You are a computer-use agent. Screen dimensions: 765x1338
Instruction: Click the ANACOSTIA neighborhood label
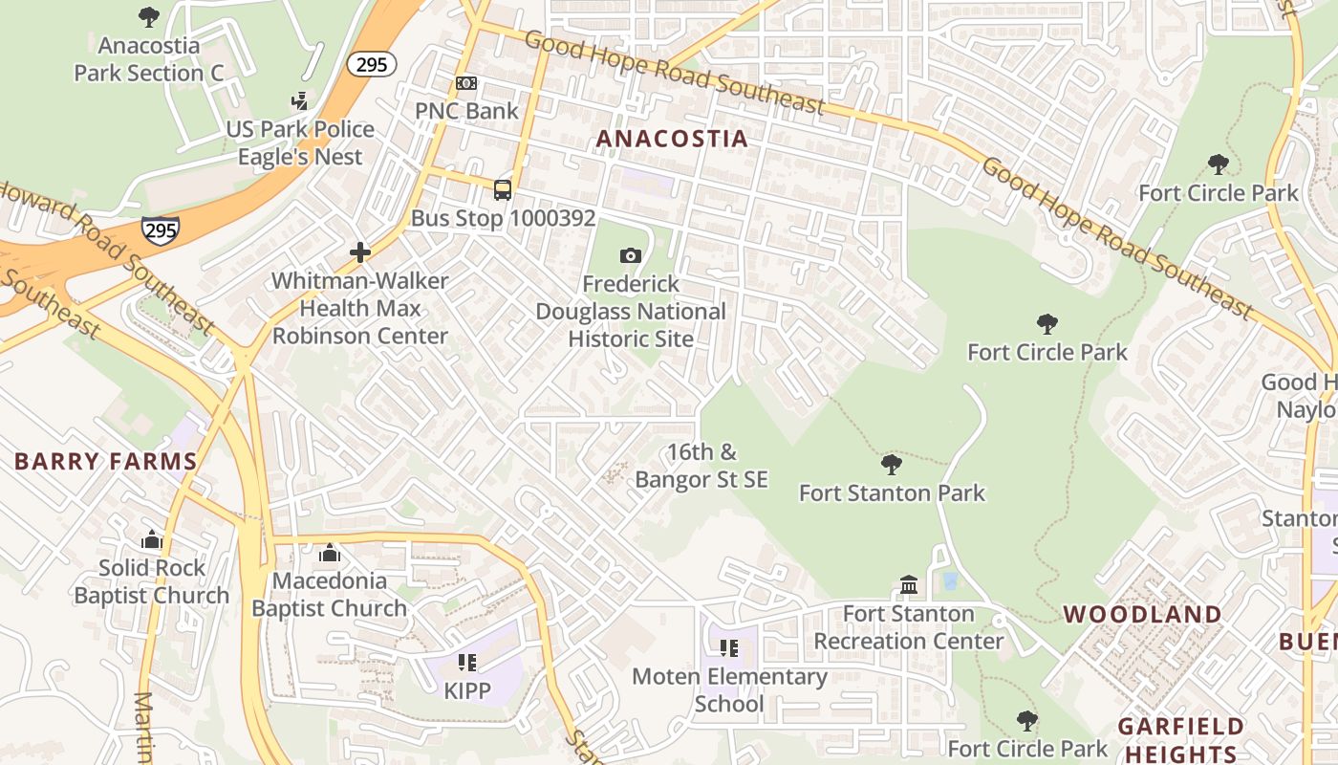click(x=672, y=139)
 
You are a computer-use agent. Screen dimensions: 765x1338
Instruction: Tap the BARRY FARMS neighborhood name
click(x=105, y=462)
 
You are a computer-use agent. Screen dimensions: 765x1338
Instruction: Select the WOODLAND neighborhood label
click(x=1142, y=614)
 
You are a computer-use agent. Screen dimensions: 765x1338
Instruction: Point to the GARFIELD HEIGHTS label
click(x=1181, y=739)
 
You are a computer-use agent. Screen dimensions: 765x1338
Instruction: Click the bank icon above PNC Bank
click(x=466, y=84)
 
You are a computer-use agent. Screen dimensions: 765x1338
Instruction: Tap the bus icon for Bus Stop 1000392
click(x=503, y=189)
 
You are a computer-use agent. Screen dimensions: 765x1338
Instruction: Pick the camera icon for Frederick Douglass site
click(x=630, y=255)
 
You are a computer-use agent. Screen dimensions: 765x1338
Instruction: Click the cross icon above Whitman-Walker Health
click(x=360, y=252)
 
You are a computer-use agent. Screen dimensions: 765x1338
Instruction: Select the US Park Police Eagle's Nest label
click(x=300, y=142)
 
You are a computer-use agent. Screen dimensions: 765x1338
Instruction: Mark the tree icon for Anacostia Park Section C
click(x=149, y=16)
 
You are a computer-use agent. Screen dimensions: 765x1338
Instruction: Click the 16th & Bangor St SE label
click(x=701, y=466)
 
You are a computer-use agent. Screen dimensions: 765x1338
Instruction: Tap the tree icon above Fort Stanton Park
click(x=892, y=465)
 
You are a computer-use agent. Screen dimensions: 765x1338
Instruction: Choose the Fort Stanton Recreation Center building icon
click(x=909, y=584)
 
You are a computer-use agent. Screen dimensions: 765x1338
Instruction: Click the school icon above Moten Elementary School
click(x=729, y=648)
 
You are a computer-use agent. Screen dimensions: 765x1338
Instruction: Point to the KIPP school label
click(x=466, y=689)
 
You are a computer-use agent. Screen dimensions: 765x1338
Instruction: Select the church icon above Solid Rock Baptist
click(x=152, y=540)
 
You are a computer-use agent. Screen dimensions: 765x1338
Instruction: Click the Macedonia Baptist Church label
click(x=329, y=594)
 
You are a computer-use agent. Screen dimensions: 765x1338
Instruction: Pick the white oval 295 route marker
click(x=371, y=64)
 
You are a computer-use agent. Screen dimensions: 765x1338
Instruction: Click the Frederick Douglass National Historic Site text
click(x=631, y=312)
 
